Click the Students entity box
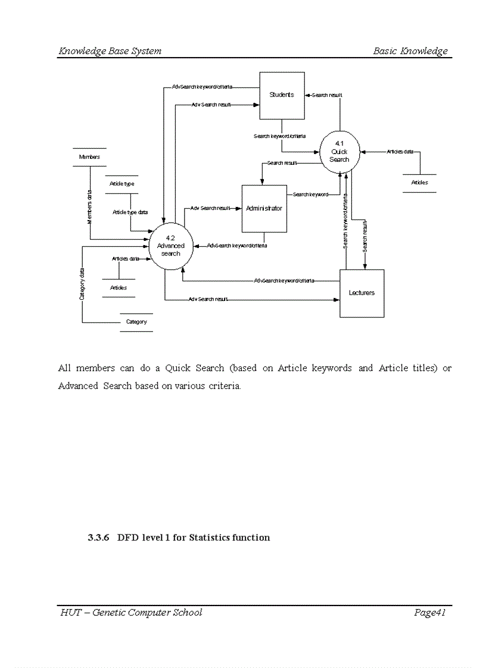point(282,95)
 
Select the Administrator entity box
point(264,209)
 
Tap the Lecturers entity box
point(362,293)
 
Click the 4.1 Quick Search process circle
point(339,152)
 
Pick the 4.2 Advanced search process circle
point(170,246)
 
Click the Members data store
point(89,157)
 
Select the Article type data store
point(122,184)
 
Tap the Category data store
point(136,322)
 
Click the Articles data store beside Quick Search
point(419,183)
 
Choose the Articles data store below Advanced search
point(119,288)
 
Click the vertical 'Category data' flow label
point(82,283)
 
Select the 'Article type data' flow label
point(130,212)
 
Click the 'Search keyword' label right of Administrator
point(310,195)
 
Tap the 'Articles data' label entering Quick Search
point(400,152)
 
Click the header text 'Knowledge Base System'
point(110,51)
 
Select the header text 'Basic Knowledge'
point(410,51)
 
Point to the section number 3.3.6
point(98,538)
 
